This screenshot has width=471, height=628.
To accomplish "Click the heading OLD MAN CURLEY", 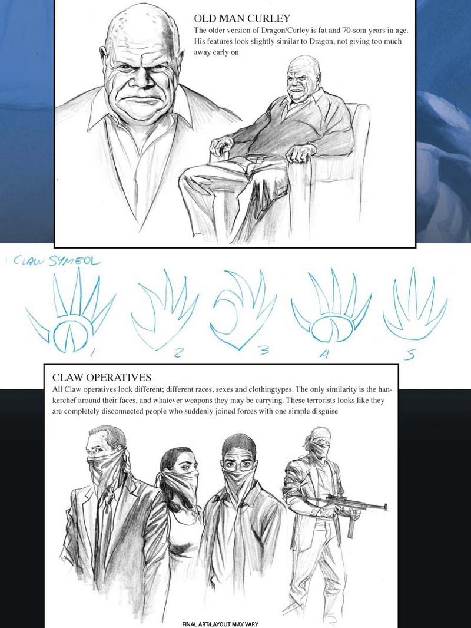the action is [x=242, y=18].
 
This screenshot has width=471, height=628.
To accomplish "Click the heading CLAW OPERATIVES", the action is [x=102, y=377].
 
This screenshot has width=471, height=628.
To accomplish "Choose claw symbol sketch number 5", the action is [x=414, y=305].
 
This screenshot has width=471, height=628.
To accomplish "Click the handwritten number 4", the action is [x=326, y=355].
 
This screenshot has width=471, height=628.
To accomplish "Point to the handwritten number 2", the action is [x=179, y=352].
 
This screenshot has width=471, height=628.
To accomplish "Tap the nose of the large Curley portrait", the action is [x=140, y=79].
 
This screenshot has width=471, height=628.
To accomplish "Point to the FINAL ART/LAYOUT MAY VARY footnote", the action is [x=220, y=624].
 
